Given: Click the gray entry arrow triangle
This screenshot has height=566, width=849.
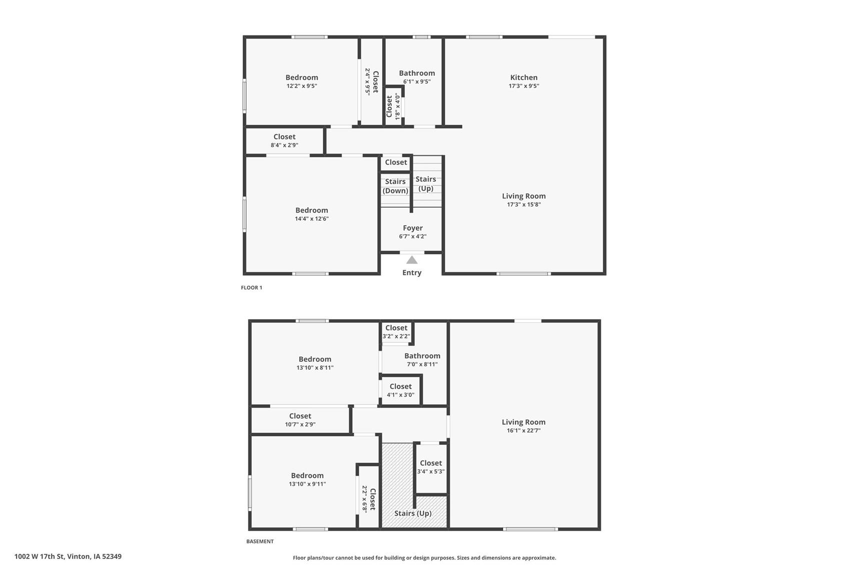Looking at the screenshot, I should click(412, 260).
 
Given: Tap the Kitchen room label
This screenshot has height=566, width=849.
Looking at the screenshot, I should click(524, 78).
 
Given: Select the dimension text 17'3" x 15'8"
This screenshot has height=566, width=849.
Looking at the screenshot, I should click(524, 204).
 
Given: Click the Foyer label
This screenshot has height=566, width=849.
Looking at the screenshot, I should click(413, 228).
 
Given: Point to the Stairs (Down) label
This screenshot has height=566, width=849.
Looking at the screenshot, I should click(395, 186).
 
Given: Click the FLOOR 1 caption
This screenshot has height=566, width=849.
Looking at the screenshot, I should click(252, 288).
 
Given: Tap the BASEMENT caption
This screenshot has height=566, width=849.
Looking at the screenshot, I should click(260, 541).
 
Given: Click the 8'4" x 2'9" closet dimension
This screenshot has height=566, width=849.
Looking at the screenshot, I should click(284, 145).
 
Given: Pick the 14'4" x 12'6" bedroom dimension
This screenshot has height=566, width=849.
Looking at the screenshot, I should click(312, 219).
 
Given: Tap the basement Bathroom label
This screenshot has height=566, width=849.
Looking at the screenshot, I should click(422, 356).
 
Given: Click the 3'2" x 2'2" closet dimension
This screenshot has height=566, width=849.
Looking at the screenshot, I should click(396, 336).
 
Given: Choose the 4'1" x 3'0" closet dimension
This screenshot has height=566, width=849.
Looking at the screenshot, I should click(400, 395).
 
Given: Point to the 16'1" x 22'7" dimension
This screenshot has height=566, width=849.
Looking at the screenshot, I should click(523, 430).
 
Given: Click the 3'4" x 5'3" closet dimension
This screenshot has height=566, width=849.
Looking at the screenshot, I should click(431, 471).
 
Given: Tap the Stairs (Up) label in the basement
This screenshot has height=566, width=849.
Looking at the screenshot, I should click(413, 513).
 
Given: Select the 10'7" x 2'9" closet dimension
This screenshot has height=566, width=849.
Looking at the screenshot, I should click(300, 424).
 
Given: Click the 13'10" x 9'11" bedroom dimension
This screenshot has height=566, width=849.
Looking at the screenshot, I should click(307, 484).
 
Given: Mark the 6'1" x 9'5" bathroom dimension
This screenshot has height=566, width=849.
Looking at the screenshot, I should click(417, 82).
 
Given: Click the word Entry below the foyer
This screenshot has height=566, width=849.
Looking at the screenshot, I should click(412, 273).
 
